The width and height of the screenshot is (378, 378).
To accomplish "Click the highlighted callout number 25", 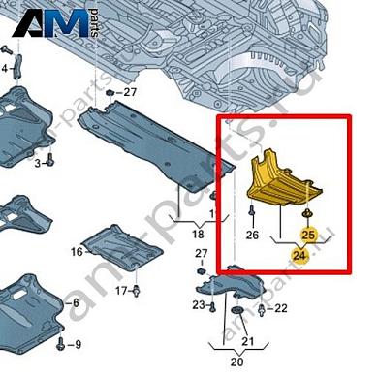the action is tap(308, 235).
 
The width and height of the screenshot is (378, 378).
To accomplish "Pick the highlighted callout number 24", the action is tap(300, 256).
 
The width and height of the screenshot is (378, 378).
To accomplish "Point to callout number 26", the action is tap(253, 234).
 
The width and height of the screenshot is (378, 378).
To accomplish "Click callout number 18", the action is tap(198, 235).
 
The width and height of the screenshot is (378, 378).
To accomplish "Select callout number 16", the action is tap(76, 252).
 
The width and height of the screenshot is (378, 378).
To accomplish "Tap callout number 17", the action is tap(120, 290).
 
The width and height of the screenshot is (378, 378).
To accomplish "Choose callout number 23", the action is tap(197, 305).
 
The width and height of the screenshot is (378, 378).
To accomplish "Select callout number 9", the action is tap(78, 345).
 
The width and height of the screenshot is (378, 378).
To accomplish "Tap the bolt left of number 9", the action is tap(61, 343).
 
